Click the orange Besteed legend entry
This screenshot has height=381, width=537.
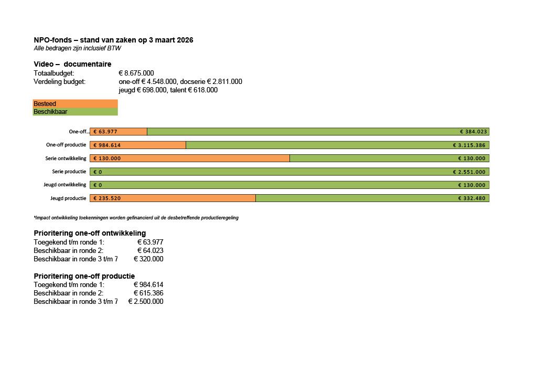[x=75, y=104]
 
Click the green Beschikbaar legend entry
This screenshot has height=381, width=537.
[x=75, y=112]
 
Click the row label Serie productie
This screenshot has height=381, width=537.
[x=69, y=172]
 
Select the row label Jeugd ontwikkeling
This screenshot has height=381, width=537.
[x=65, y=185]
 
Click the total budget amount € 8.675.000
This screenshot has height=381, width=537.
[x=136, y=73]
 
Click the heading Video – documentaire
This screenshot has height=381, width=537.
[x=72, y=64]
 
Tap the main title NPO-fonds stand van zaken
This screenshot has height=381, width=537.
[x=113, y=40]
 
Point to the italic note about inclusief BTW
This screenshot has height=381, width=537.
[x=78, y=48]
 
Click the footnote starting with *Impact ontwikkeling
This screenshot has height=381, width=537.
[x=136, y=218]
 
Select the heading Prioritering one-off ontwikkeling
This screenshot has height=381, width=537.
[x=90, y=233]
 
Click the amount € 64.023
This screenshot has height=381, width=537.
[x=150, y=250]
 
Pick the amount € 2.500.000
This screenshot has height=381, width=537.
[x=146, y=301]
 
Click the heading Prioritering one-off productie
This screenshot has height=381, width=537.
[x=84, y=276]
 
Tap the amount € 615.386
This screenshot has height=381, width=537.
[x=148, y=293]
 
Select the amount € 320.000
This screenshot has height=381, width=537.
[x=148, y=259]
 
